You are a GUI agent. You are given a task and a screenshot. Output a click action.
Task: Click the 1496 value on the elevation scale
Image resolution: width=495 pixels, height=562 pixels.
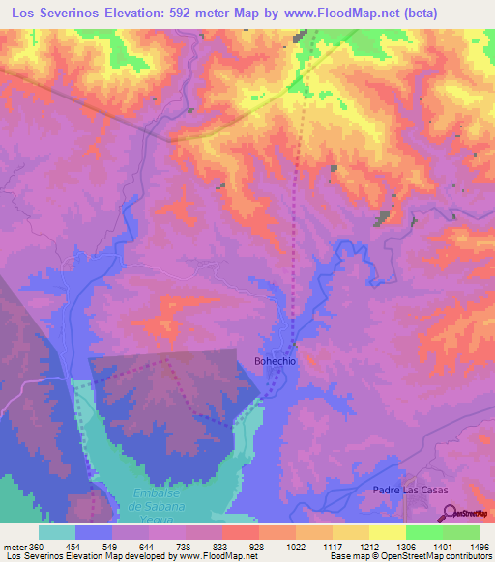pos(479,546)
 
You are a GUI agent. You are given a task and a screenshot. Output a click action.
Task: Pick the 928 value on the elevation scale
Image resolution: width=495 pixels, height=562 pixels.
pos(258,546)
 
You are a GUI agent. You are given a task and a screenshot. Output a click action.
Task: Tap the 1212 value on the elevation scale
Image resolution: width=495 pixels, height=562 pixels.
pos(368,546)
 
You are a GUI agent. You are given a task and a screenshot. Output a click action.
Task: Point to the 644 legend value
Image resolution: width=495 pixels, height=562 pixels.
pos(148,546)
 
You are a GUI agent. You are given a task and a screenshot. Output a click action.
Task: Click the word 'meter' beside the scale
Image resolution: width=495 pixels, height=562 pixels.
pos(12,546)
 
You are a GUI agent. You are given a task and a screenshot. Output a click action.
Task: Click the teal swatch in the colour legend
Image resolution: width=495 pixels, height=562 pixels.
pos(57,532)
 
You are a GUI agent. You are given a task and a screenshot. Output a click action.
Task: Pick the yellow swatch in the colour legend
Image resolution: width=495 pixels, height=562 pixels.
pos(387,532)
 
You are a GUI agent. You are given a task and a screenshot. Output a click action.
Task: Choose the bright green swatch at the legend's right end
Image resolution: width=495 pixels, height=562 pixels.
pos(460,532)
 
